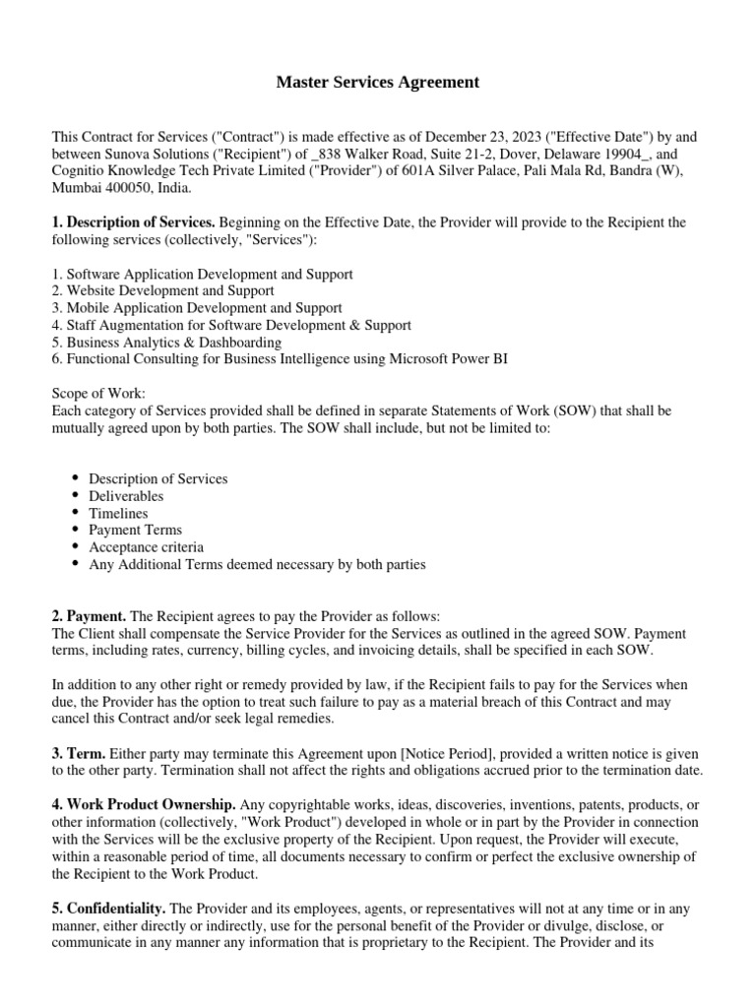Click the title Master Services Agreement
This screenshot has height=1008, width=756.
click(x=378, y=83)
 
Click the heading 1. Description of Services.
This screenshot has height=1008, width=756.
click(x=133, y=223)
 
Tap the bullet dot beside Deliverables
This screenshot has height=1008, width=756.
click(x=77, y=496)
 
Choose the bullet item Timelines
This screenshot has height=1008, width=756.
click(x=118, y=513)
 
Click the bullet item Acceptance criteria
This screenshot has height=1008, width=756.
click(x=147, y=547)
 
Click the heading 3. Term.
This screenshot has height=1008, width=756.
click(x=77, y=753)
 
